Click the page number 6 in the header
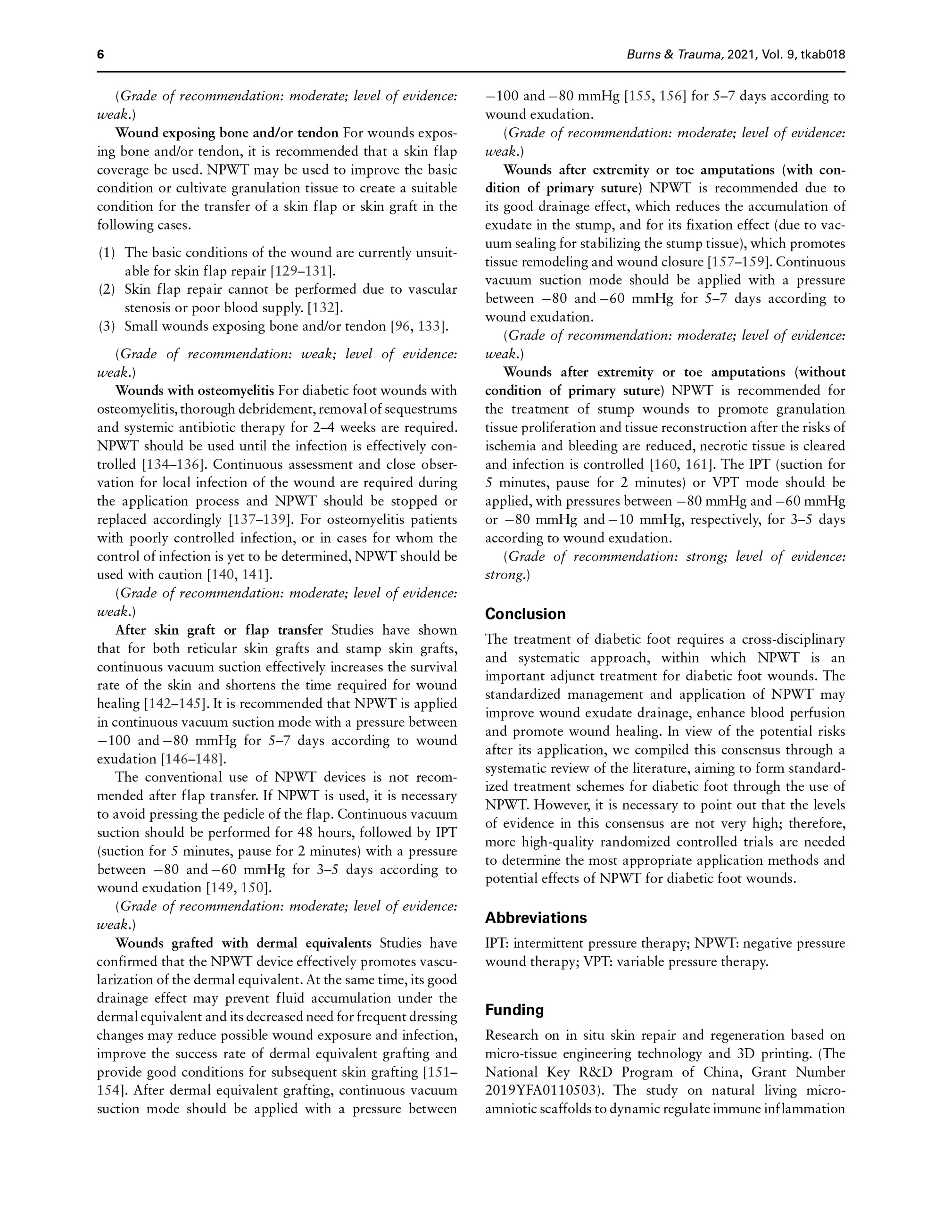(100, 55)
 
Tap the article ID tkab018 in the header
(823, 55)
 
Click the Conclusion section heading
(525, 614)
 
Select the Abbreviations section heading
(535, 918)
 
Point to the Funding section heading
(514, 1010)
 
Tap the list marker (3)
(107, 327)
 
